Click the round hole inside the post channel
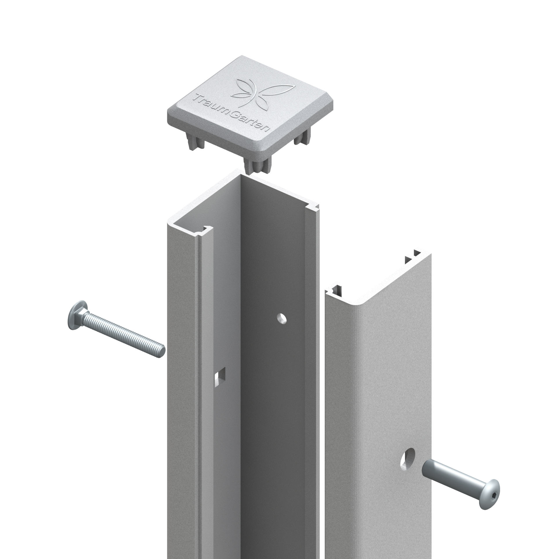coord(281,319)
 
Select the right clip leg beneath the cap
coord(302,138)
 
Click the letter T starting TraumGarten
coord(197,98)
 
